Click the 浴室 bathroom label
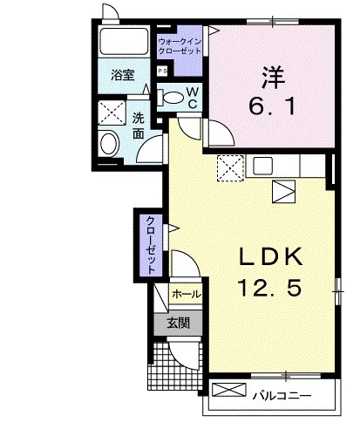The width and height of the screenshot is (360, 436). tap(121, 77)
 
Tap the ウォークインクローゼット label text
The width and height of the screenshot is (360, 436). tap(180, 46)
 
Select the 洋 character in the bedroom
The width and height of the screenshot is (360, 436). tap(270, 78)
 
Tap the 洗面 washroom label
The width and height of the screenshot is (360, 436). tap(139, 126)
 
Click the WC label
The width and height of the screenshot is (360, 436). tap(194, 98)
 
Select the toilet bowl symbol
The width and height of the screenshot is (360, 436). tap(174, 97)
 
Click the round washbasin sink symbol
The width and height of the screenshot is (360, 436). tap(111, 144)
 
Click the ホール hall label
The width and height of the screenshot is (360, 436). tap(186, 295)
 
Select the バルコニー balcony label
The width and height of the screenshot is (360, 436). tap(282, 396)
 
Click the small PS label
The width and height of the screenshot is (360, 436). tap(161, 72)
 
